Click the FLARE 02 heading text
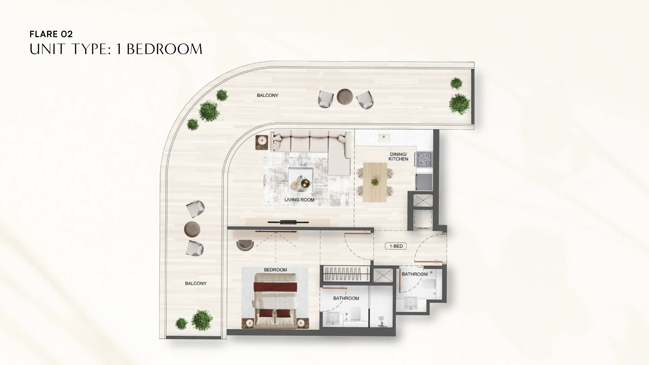point(51,34)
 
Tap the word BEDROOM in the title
point(164,49)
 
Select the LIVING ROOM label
point(299,200)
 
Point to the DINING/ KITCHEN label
point(398,156)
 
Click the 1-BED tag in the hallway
point(396,246)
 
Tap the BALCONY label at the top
point(267,95)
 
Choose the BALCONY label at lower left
point(196,284)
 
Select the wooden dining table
point(375,182)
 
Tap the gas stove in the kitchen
point(424,159)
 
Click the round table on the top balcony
point(345,97)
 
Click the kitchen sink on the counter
point(384,138)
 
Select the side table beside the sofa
point(262,142)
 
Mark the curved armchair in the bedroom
point(245,245)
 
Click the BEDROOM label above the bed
point(275,270)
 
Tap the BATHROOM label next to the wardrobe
point(346,298)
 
